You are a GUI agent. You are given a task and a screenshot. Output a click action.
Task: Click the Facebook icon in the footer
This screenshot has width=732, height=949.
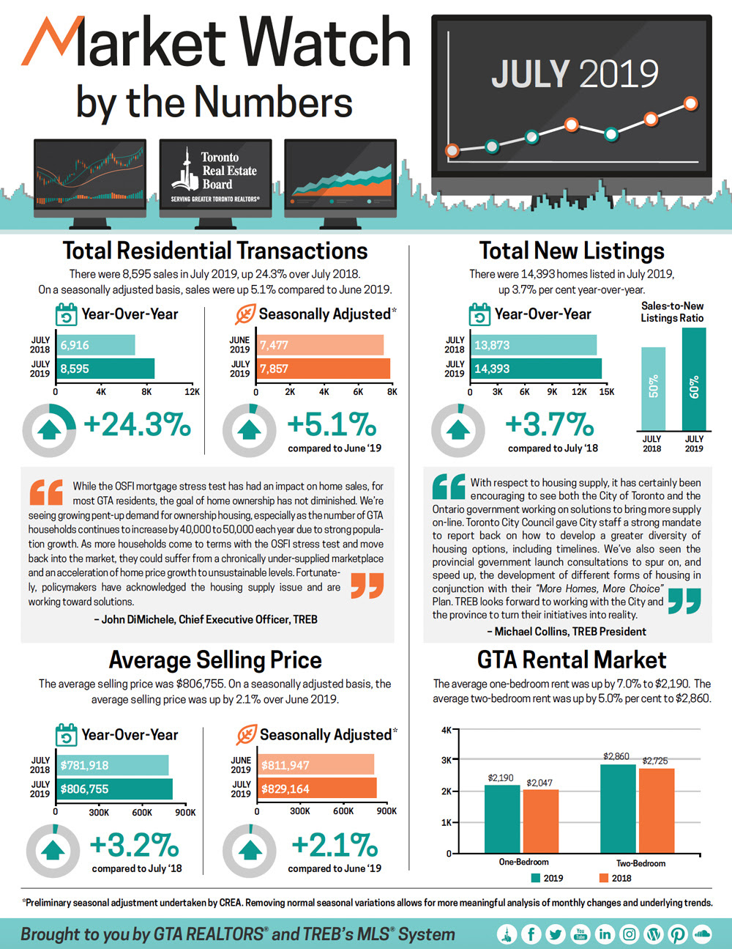click(x=531, y=934)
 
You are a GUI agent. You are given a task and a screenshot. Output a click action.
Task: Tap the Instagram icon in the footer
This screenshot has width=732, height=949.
click(x=629, y=934)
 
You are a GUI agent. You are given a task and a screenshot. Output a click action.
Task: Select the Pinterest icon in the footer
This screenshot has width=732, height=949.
click(x=677, y=934)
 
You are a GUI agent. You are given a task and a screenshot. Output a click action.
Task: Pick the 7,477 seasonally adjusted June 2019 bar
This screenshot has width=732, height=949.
click(x=321, y=345)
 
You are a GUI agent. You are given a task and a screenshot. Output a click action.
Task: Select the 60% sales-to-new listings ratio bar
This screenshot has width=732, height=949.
click(x=694, y=379)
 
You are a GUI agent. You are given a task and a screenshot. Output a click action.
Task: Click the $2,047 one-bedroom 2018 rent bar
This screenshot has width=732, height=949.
click(x=540, y=821)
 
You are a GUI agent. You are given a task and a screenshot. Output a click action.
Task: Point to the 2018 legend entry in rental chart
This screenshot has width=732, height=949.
click(x=615, y=878)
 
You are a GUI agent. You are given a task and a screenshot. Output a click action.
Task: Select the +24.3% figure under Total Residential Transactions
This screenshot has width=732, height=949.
click(x=137, y=424)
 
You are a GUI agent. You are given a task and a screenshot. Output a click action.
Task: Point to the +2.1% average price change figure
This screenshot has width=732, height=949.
click(x=335, y=845)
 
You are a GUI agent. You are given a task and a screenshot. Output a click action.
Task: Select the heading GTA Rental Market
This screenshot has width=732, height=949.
click(x=572, y=660)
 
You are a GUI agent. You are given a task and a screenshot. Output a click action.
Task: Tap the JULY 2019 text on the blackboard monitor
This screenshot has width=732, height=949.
click(x=575, y=74)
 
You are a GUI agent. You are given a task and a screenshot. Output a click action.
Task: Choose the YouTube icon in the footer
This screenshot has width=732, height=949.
click(x=580, y=934)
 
